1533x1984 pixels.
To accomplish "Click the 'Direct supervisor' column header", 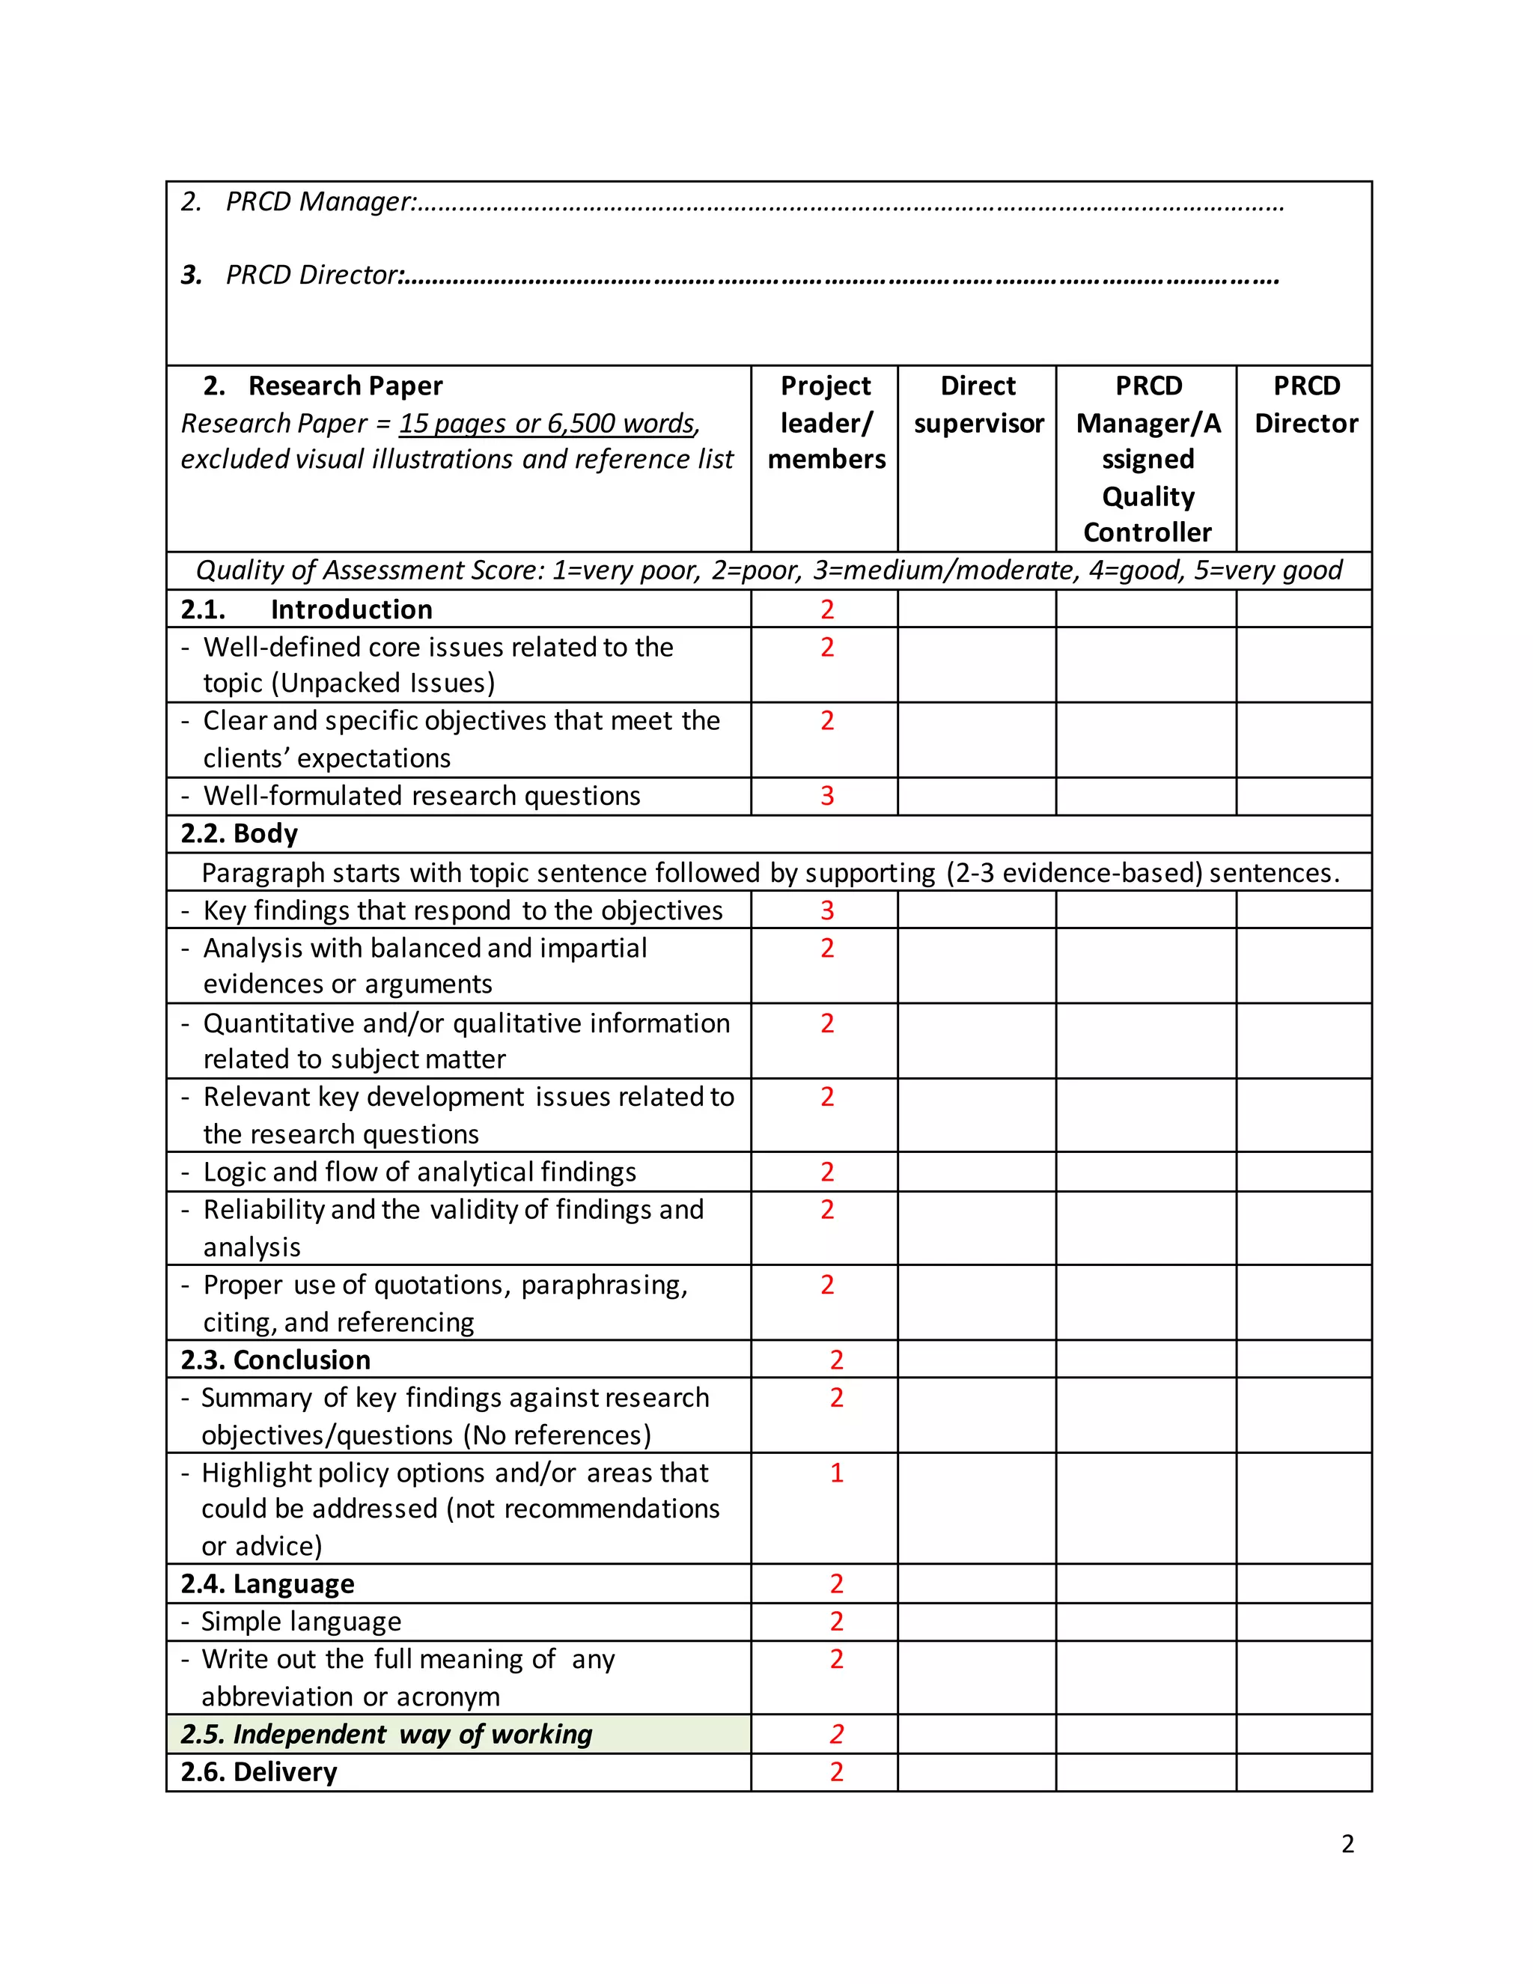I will pyautogui.click(x=978, y=404).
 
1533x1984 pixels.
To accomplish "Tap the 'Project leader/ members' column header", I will pyautogui.click(x=826, y=422).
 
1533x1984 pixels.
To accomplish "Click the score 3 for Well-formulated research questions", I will pyautogui.click(x=826, y=796).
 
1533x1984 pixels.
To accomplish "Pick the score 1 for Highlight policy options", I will pyautogui.click(x=836, y=1473).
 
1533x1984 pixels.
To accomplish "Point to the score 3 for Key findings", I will pyautogui.click(x=826, y=910).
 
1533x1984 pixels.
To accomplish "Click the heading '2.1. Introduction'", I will pyautogui.click(x=306, y=609).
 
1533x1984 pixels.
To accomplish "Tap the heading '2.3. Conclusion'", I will pyautogui.click(x=275, y=1360).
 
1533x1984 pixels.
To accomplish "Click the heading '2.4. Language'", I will pyautogui.click(x=267, y=1583).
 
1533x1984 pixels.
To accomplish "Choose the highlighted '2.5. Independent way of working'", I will pyautogui.click(x=386, y=1734).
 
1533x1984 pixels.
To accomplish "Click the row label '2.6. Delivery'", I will pyautogui.click(x=259, y=1771).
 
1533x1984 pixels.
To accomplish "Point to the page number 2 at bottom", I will pyautogui.click(x=1347, y=1843).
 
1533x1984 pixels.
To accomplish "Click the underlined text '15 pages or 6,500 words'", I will pyautogui.click(x=546, y=423).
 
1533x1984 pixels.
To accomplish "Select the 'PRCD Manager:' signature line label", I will pyautogui.click(x=320, y=201).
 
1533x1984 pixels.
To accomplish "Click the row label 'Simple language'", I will pyautogui.click(x=301, y=1622).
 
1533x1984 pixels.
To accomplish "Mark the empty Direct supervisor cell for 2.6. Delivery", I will pyautogui.click(x=976, y=1771).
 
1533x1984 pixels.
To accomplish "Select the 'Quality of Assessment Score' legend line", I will pyautogui.click(x=768, y=570).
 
